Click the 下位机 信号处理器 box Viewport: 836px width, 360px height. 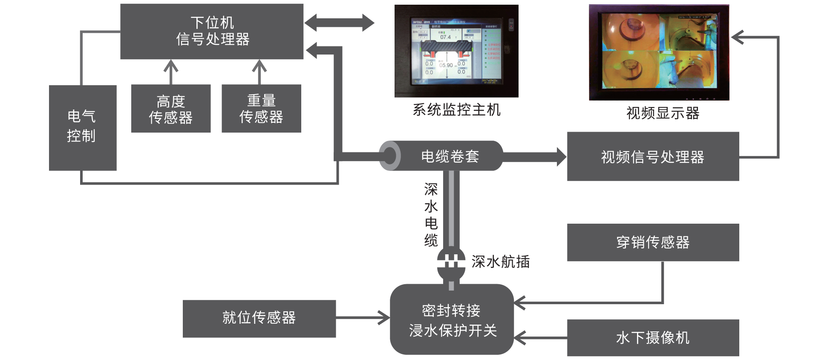212,31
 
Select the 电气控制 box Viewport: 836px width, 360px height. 83,127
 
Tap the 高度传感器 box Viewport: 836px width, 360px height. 170,108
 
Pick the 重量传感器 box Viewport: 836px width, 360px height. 261,108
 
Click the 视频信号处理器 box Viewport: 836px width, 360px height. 652,156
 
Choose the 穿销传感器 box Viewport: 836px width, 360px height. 652,242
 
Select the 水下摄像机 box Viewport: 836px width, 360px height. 652,337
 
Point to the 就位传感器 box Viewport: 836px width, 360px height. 259,318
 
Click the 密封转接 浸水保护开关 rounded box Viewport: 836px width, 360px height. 452,320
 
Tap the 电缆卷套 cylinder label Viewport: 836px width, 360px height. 450,156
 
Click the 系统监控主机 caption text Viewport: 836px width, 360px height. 456,110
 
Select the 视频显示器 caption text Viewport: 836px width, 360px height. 663,113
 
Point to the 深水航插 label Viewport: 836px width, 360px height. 500,261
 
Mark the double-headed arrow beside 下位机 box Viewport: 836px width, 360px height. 339,23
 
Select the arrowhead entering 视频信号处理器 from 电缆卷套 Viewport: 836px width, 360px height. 561,156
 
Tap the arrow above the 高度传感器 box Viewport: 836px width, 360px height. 171,72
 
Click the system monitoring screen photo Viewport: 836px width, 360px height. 456,51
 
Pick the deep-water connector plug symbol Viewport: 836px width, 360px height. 451,261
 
